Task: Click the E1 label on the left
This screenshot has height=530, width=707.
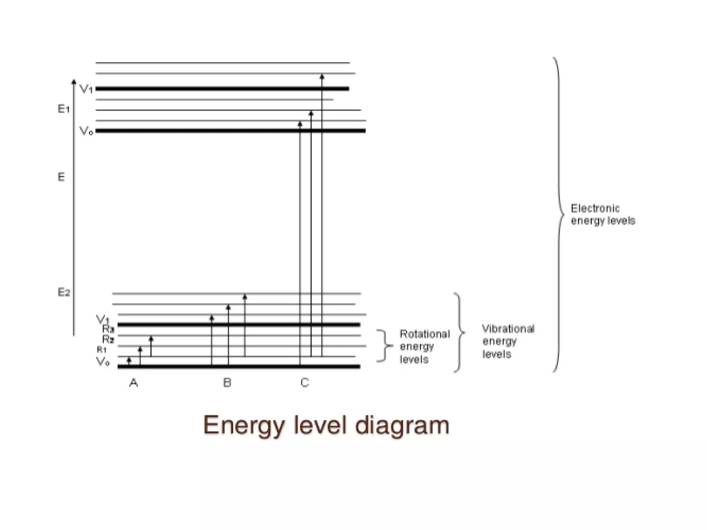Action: click(64, 109)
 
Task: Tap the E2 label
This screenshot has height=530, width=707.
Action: click(64, 293)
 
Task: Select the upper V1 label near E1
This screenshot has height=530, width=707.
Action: click(86, 89)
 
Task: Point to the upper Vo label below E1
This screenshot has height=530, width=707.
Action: click(86, 131)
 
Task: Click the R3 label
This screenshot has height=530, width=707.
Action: click(108, 329)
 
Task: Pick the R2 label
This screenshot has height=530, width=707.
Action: click(108, 340)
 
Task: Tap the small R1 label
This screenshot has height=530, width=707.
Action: click(101, 350)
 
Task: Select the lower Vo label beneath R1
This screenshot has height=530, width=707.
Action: click(103, 362)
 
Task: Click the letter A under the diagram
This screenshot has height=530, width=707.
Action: click(134, 383)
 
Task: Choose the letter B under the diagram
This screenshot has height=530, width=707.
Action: click(227, 383)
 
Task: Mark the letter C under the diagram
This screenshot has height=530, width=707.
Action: click(304, 383)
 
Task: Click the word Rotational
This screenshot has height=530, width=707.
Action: click(425, 334)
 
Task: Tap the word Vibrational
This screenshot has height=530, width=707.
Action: click(508, 329)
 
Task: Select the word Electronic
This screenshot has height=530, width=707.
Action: click(595, 208)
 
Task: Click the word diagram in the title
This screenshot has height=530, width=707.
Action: click(402, 425)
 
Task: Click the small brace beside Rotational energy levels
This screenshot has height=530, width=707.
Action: click(385, 345)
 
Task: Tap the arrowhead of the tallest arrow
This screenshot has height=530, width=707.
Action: click(322, 77)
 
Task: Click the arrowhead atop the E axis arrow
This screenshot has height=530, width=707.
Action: click(74, 82)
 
